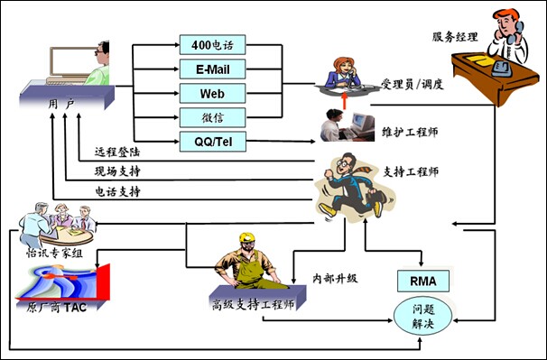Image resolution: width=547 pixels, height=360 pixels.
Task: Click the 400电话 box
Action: (212, 44)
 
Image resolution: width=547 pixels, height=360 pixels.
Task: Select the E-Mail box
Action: (212, 69)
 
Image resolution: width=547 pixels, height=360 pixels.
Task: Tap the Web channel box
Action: (212, 93)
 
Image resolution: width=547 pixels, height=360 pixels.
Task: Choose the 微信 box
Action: (212, 117)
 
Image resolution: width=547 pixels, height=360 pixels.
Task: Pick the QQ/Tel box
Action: (212, 142)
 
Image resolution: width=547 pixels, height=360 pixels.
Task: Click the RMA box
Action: (422, 281)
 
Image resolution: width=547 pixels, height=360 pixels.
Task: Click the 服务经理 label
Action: (454, 37)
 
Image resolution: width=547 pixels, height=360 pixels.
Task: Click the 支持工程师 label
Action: (411, 171)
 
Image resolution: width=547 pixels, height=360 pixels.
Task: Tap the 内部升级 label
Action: (335, 277)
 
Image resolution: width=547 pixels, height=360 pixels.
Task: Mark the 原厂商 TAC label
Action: (51, 308)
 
